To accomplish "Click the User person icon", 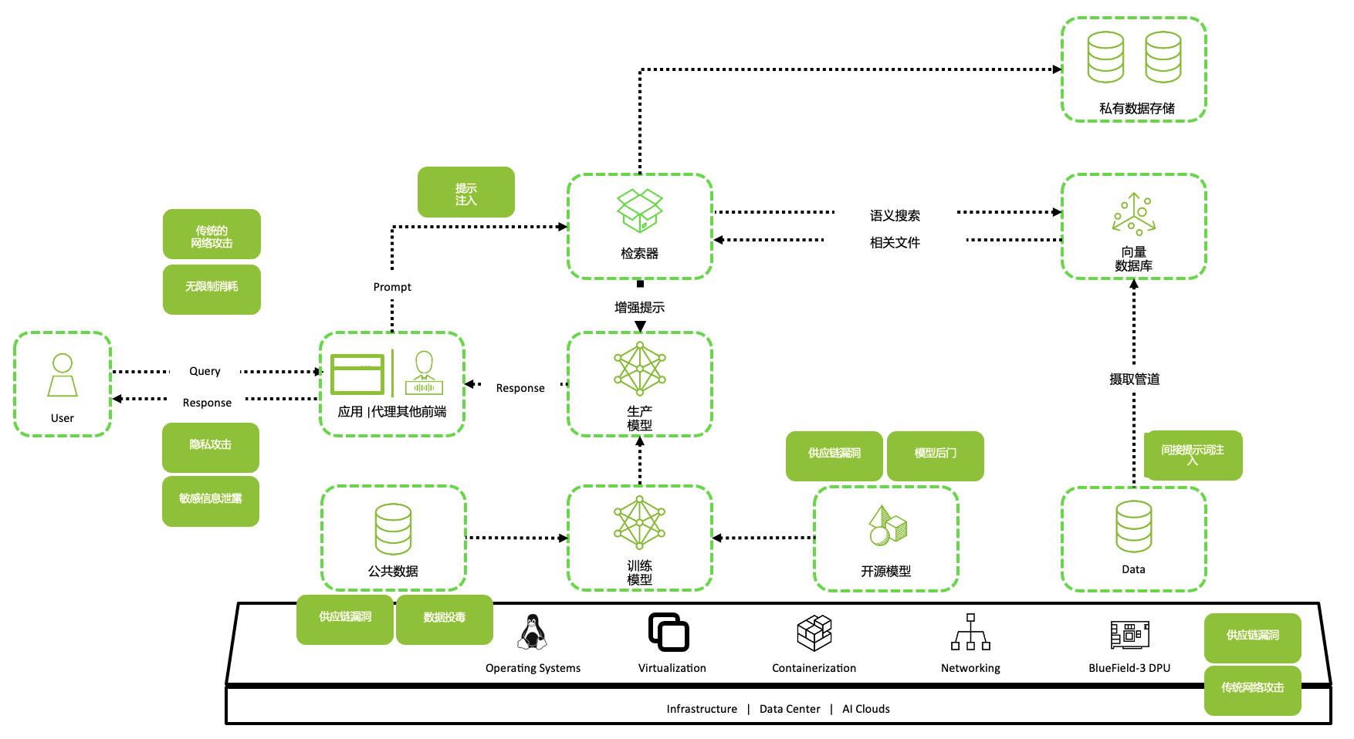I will tap(63, 375).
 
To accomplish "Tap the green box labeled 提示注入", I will tap(465, 192).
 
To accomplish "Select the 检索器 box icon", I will tap(639, 211).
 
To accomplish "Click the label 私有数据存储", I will tap(1136, 109).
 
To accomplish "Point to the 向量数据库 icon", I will tap(1133, 214).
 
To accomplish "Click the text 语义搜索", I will tap(895, 216).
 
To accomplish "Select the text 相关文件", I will tap(895, 243).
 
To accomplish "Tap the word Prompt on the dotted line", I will tap(392, 287).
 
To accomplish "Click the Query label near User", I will tap(205, 371).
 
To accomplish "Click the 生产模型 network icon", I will tap(639, 369).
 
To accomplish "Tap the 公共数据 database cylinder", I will tap(393, 529).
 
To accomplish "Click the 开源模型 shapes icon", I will tap(887, 526).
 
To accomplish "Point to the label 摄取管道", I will tap(1134, 380).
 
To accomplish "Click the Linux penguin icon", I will tap(532, 633).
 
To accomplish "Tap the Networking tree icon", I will tap(970, 633).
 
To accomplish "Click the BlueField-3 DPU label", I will tap(1129, 668).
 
